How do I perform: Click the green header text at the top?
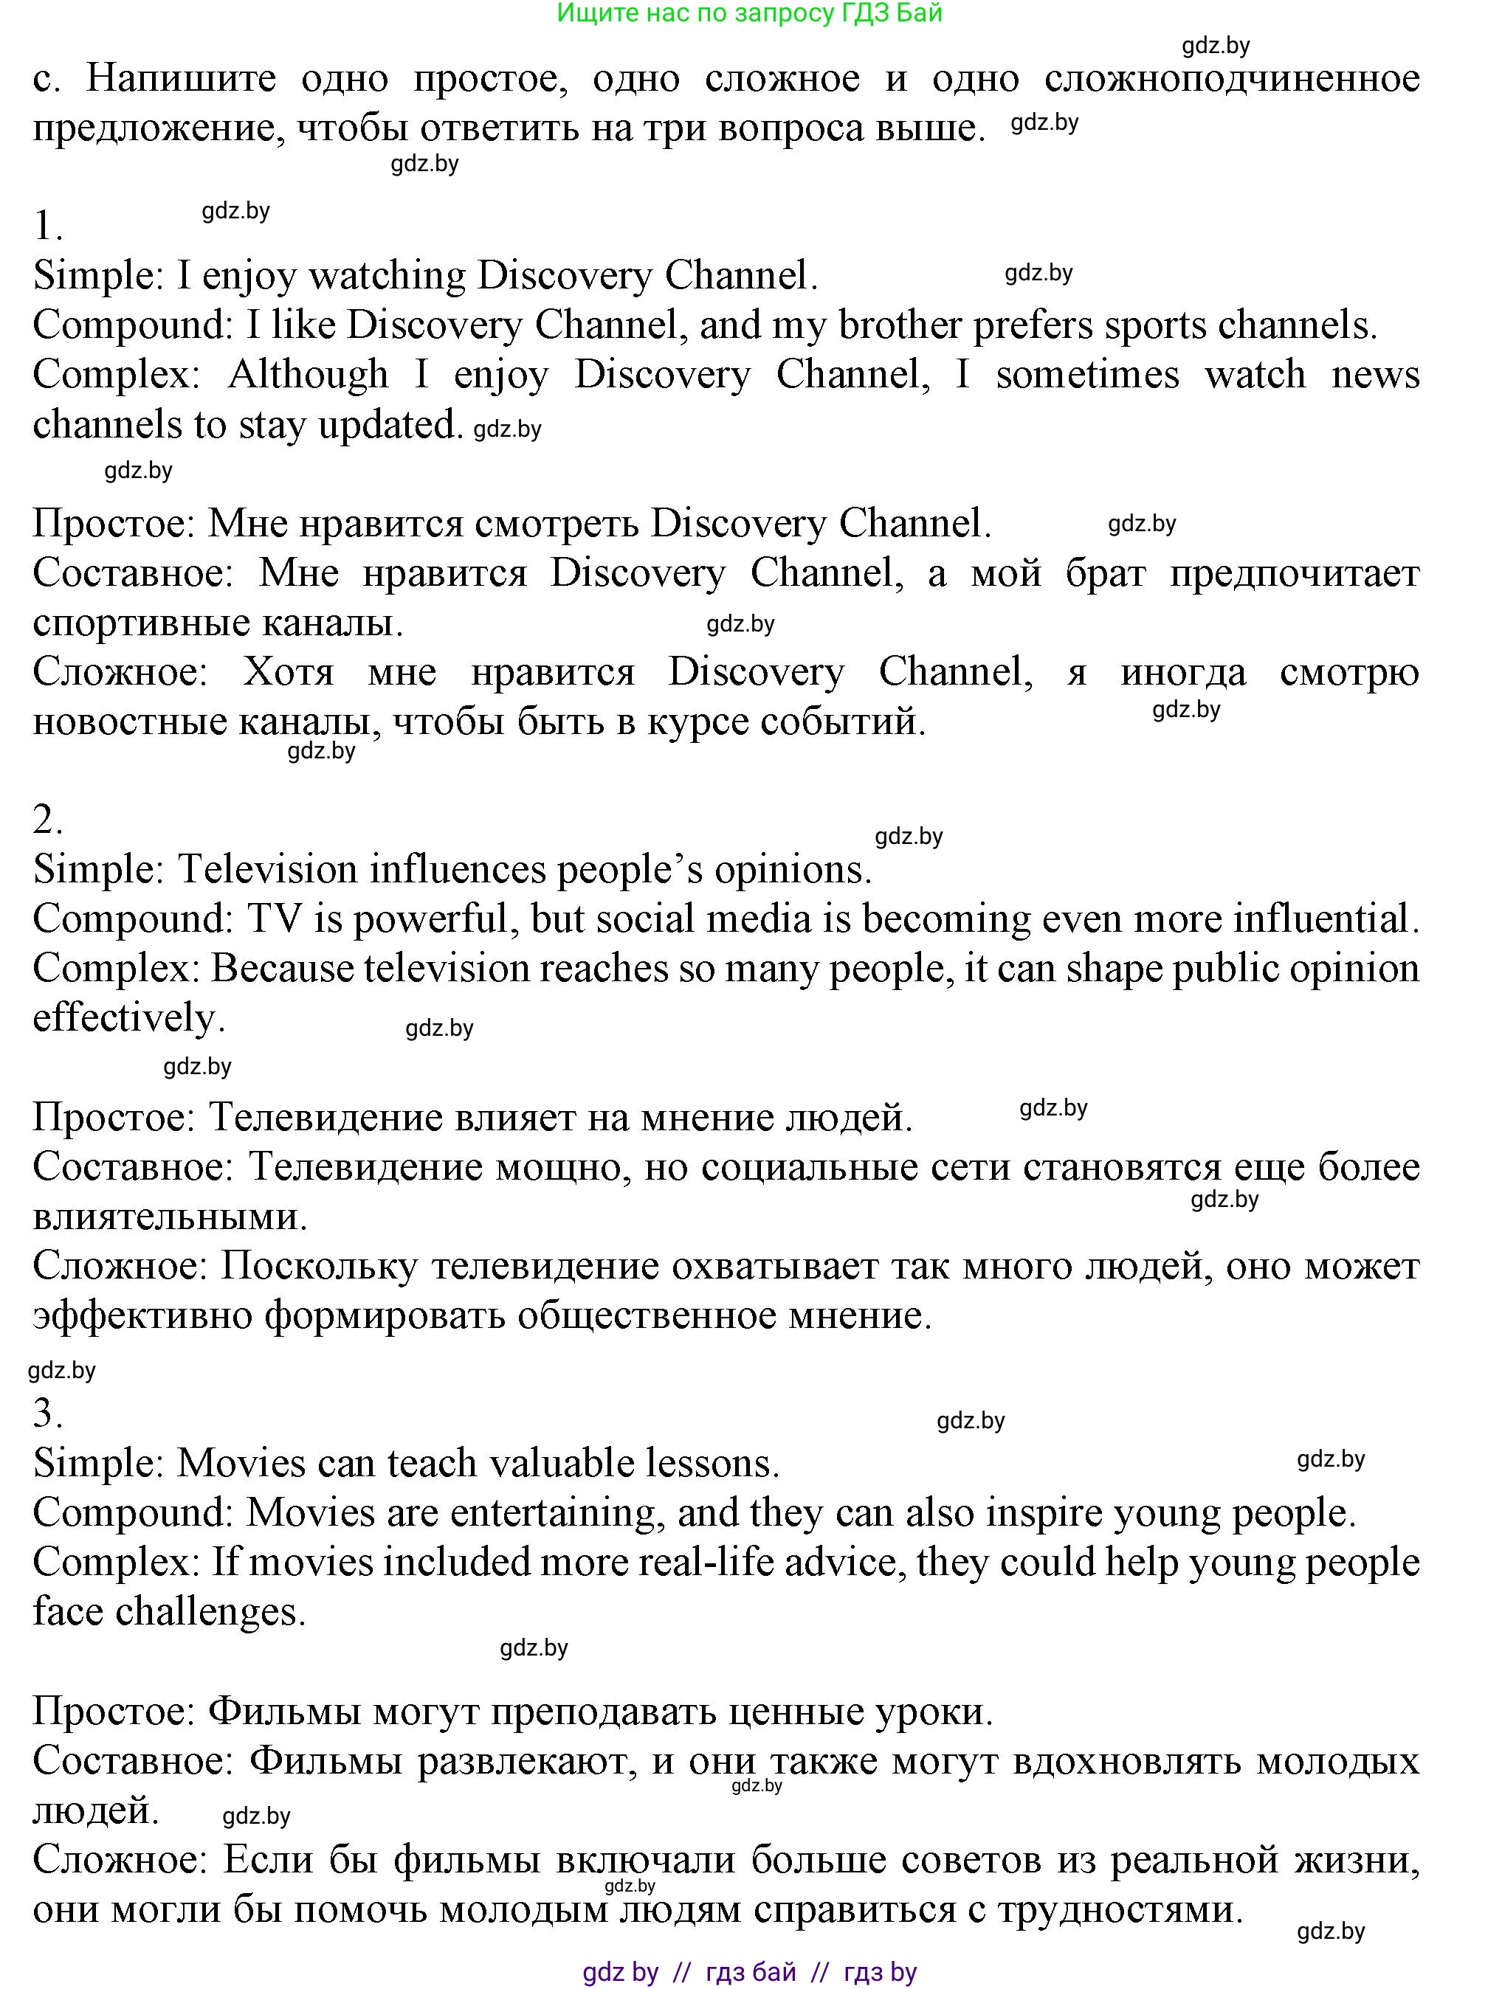coord(749,13)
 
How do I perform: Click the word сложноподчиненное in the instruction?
coord(1231,79)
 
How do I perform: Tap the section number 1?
coord(46,225)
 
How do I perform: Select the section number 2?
coord(46,819)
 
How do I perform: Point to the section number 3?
coord(46,1414)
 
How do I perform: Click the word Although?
coord(308,375)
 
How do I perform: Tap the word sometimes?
coord(1086,375)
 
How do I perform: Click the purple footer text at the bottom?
coord(749,1972)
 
